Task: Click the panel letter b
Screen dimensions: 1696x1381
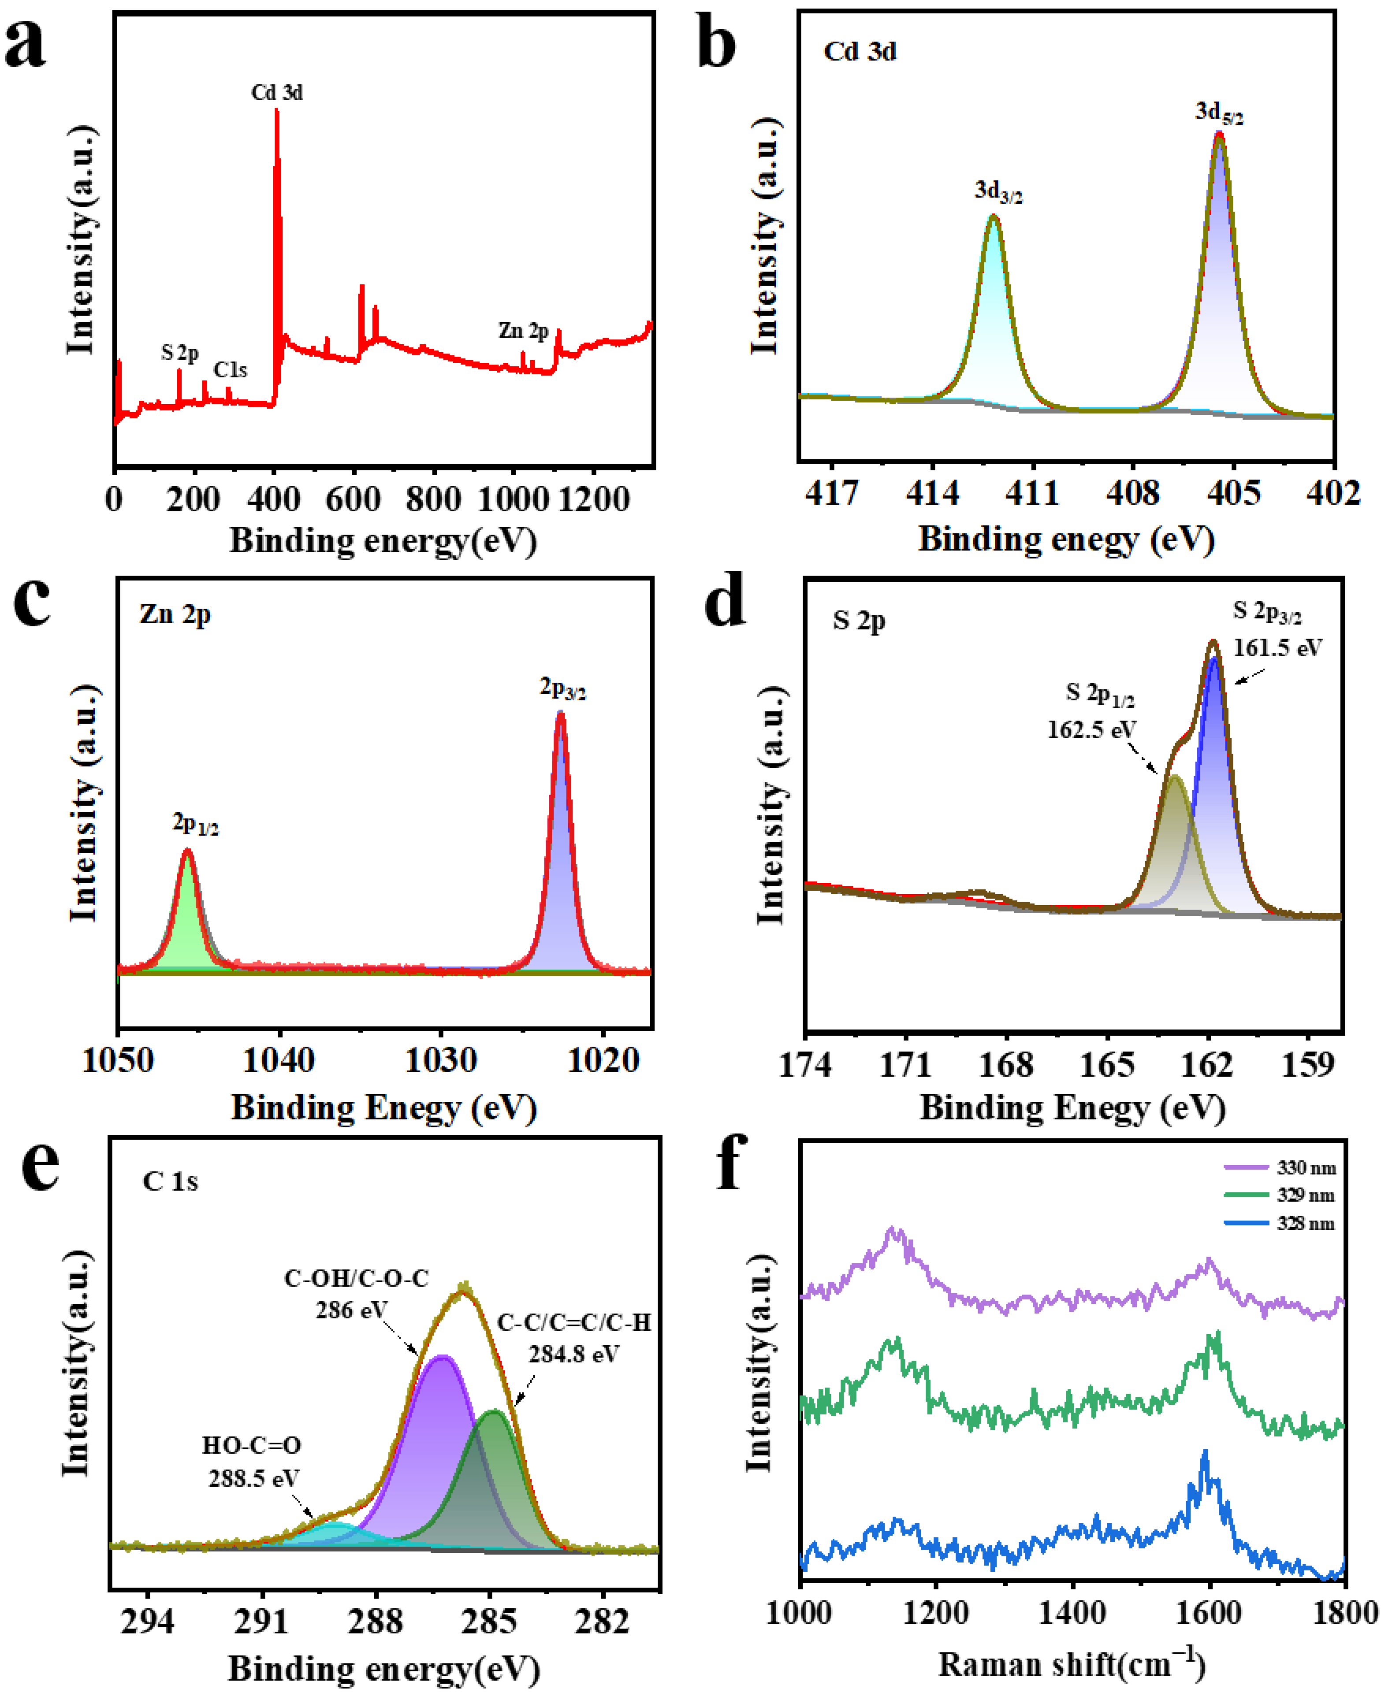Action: [716, 46]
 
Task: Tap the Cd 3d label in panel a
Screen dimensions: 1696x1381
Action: [277, 93]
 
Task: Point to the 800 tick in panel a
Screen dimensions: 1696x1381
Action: [434, 499]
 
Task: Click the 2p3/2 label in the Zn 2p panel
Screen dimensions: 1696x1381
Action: [562, 688]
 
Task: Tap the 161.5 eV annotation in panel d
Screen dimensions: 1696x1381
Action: [1277, 648]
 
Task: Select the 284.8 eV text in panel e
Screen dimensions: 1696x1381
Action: [573, 1354]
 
